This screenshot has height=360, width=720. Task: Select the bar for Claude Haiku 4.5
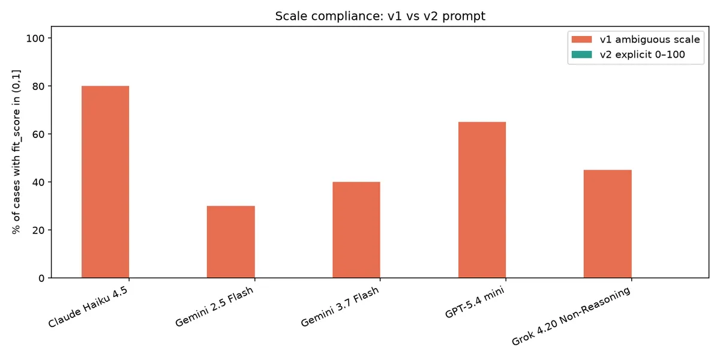105,182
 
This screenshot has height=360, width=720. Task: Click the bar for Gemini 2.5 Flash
231,242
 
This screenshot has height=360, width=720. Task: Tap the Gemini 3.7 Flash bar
356,230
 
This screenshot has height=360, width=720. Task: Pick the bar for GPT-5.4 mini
482,200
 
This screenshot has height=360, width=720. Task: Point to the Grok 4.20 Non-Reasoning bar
607,224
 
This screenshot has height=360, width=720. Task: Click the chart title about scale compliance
380,16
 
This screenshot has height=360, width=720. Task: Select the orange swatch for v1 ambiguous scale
581,39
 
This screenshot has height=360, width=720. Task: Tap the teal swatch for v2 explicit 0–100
581,55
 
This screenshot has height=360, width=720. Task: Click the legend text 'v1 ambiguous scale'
650,39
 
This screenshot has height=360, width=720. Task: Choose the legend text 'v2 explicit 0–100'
642,55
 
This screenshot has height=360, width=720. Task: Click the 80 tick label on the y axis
38,86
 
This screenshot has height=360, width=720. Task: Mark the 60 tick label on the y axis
38,134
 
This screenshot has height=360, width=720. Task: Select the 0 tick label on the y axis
41,278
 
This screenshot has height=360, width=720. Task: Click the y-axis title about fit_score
16,152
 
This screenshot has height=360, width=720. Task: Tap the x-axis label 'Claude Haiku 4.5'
88,307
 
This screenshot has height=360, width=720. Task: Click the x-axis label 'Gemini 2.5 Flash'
214,307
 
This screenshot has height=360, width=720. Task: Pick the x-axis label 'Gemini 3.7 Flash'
340,307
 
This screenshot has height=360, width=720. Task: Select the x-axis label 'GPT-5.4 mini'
475,302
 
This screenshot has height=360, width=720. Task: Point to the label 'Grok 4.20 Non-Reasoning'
571,316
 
